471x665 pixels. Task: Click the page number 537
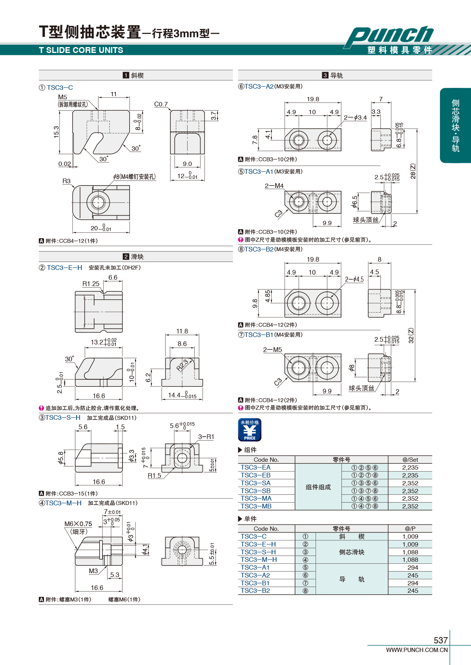(441, 640)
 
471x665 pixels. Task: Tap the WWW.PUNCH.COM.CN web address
(417, 650)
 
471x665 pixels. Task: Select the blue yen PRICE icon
(250, 430)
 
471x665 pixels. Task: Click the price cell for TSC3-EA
(410, 468)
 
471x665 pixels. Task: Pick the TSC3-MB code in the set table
(256, 506)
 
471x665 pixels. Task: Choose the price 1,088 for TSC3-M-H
(410, 559)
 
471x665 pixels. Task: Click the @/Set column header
(410, 459)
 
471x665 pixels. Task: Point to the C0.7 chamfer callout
(161, 104)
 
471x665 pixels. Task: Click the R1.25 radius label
(91, 284)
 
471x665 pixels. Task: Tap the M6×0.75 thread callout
(78, 524)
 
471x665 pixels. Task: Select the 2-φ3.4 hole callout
(355, 118)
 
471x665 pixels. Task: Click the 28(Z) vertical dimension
(413, 171)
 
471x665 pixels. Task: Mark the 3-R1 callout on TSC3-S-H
(206, 437)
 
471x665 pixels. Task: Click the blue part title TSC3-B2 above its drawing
(259, 250)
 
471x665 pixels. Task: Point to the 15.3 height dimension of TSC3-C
(56, 132)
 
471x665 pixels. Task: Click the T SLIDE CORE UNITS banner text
(81, 50)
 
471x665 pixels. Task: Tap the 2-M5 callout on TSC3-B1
(272, 350)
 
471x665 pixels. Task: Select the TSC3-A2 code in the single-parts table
(255, 575)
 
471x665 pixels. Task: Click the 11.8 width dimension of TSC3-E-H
(182, 331)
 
